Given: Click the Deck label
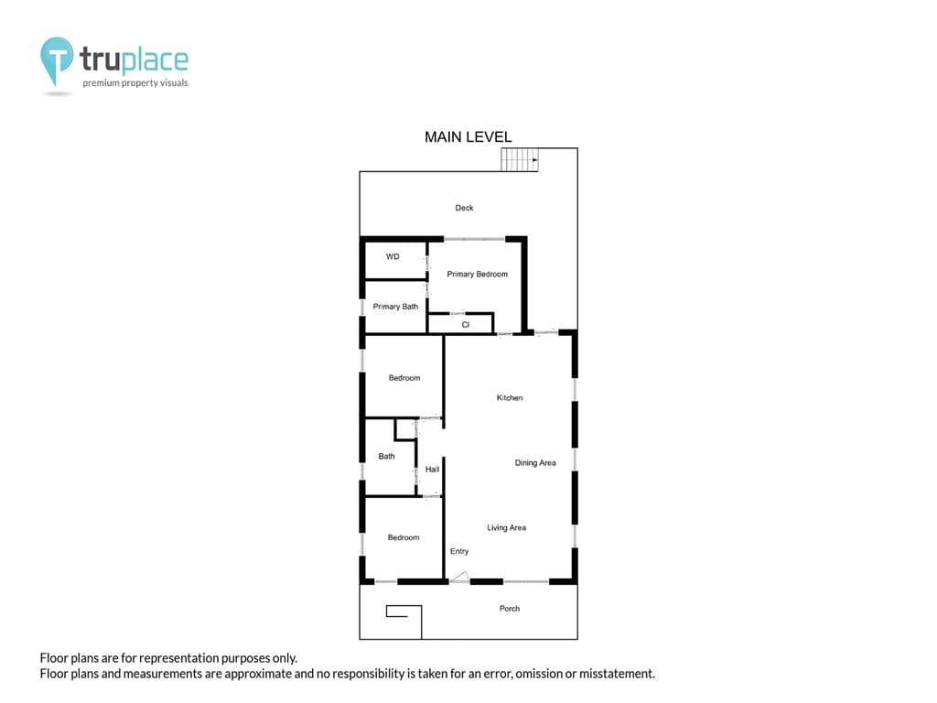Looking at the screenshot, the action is click(464, 208).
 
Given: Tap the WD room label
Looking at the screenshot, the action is click(393, 256).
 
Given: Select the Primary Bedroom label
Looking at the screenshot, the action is click(478, 274).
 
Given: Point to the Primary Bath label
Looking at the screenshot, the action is click(395, 307).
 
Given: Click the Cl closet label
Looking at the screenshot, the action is click(466, 325).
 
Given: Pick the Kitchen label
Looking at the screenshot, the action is click(510, 397).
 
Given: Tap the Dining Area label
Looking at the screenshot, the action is click(535, 462).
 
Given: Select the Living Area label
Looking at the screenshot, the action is click(507, 527).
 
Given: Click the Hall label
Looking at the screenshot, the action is click(432, 470).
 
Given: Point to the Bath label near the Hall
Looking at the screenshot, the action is click(387, 456).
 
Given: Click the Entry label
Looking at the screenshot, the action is click(459, 551).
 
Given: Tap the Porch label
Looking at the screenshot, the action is click(510, 609).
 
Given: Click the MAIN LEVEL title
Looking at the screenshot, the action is click(468, 137).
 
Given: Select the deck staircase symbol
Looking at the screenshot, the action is click(520, 159).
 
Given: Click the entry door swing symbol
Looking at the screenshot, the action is click(459, 577).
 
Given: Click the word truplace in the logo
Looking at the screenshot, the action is click(134, 59).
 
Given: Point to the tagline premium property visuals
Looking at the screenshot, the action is click(135, 83).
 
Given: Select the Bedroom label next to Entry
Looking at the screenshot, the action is click(404, 537).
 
